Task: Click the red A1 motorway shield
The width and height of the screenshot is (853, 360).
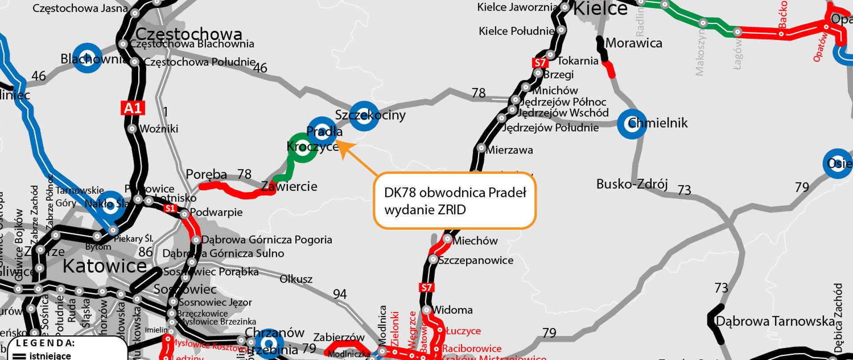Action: (x=133, y=108)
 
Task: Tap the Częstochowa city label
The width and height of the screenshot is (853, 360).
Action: (x=189, y=34)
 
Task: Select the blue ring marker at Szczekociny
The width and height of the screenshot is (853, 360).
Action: (x=364, y=116)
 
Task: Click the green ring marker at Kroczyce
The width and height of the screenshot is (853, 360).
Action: (x=303, y=148)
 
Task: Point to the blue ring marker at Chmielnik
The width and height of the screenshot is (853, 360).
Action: (x=632, y=124)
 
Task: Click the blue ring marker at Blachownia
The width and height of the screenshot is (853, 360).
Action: (x=88, y=58)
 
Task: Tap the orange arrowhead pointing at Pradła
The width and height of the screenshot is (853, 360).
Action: (x=341, y=146)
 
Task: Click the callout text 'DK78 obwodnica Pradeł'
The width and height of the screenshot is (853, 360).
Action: (x=455, y=192)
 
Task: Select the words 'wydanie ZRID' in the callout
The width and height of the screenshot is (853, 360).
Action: (x=425, y=210)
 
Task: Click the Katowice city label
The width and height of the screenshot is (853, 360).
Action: (x=104, y=266)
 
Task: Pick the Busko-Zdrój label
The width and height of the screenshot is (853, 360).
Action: (x=632, y=184)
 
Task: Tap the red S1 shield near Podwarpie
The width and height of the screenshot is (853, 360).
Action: (x=170, y=208)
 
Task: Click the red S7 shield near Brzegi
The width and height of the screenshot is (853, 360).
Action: (x=539, y=63)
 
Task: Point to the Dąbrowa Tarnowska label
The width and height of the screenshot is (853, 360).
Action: (x=775, y=321)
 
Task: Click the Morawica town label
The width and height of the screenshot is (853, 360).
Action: (x=634, y=43)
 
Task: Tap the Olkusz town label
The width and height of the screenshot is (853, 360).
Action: (x=296, y=280)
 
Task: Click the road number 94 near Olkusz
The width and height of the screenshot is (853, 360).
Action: (x=340, y=294)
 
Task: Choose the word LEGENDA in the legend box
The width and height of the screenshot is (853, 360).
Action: (x=45, y=343)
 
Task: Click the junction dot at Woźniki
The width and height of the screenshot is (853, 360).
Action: (x=132, y=129)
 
